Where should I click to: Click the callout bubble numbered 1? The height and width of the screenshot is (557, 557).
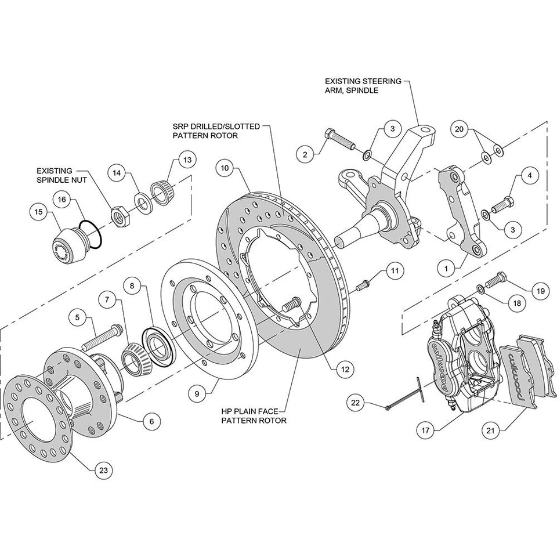447,269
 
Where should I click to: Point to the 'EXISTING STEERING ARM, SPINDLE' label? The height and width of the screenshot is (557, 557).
363,86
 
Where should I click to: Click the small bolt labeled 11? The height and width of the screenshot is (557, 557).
363,284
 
